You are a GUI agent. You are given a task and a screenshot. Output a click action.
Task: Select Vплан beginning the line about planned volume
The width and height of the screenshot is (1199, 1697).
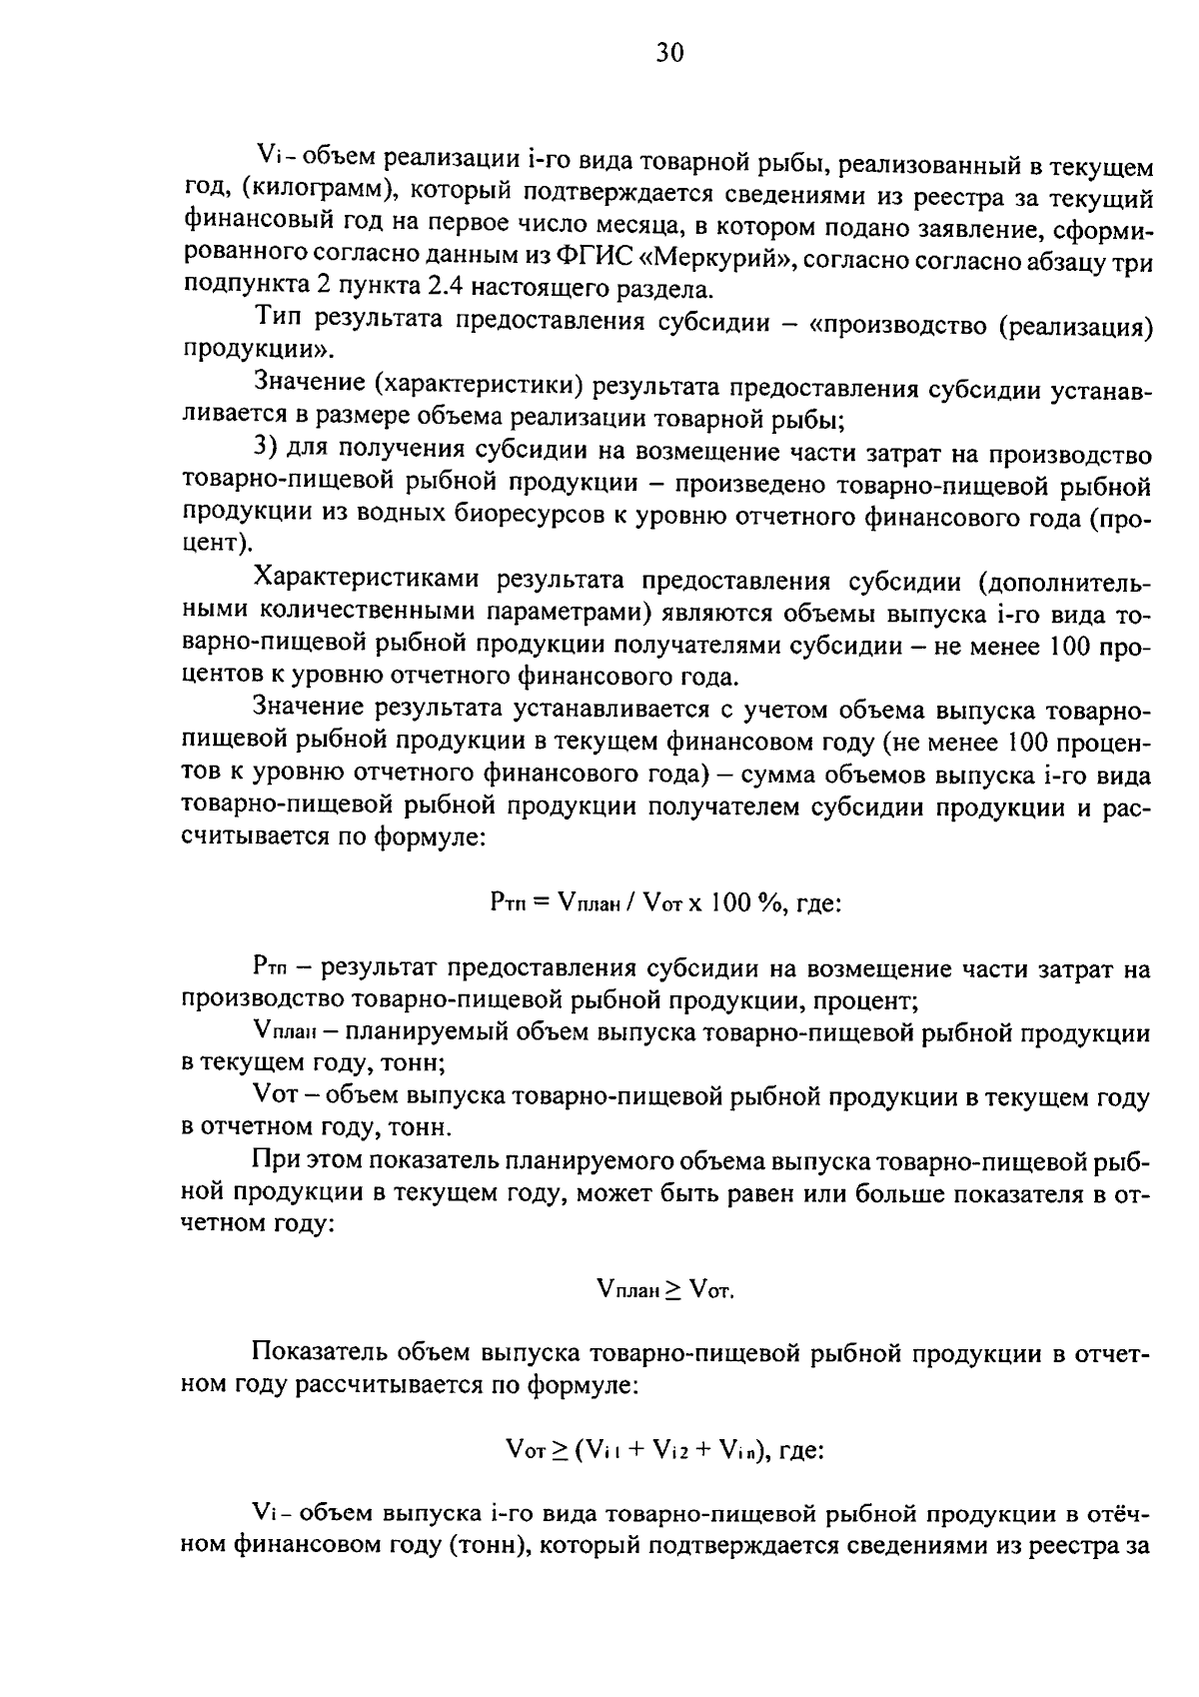click(286, 1031)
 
